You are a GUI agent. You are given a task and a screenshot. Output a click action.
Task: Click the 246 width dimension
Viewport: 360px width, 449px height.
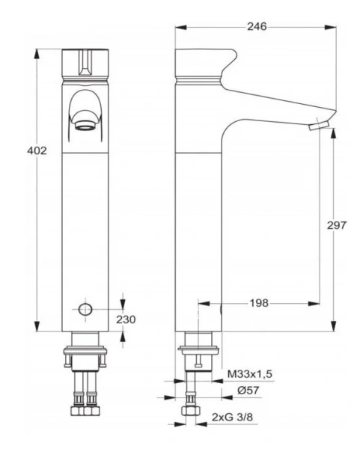256,26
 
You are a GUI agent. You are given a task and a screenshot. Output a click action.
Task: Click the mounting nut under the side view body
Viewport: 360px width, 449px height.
197,352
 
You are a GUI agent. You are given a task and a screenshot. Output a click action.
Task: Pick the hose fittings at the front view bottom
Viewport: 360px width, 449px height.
85,410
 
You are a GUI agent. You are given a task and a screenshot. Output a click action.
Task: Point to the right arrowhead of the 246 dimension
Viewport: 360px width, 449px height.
330,26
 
